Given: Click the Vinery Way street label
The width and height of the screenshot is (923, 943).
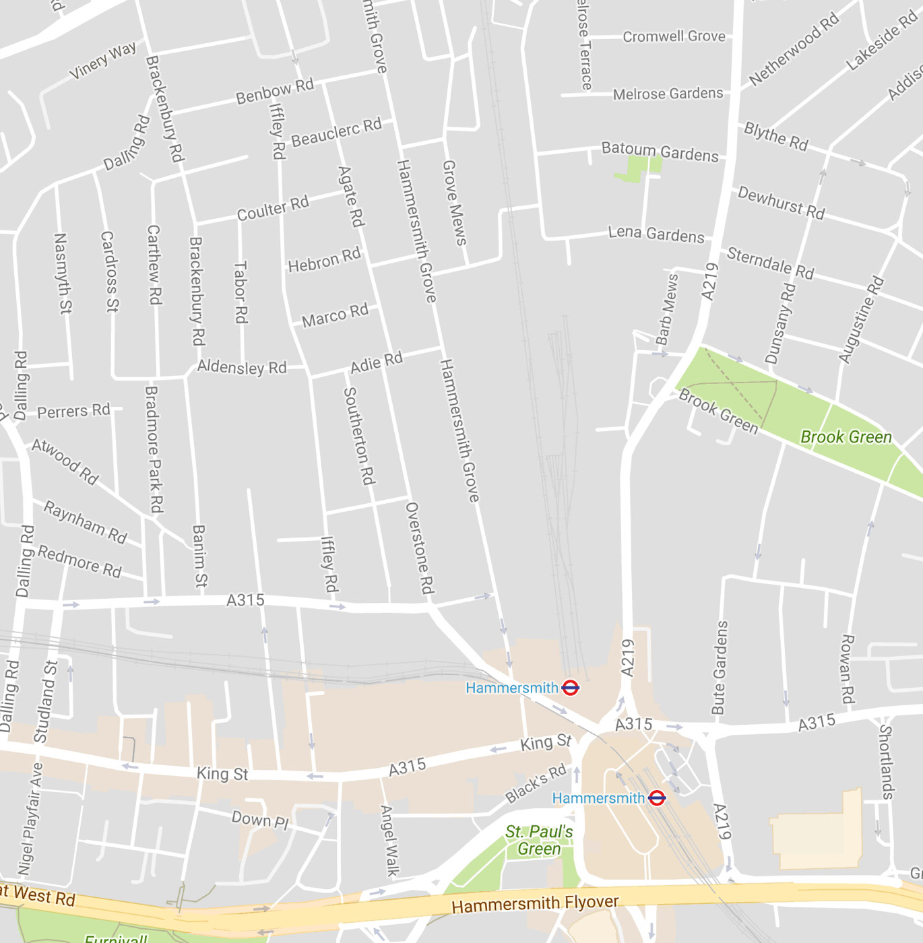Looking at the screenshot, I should click(102, 60).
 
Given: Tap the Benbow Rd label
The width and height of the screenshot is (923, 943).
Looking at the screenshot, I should click(274, 91).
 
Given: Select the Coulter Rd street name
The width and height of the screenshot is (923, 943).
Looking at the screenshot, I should click(272, 208).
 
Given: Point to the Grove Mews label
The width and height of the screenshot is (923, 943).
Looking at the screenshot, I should click(454, 202).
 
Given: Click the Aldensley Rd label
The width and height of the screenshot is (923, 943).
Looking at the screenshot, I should click(241, 367).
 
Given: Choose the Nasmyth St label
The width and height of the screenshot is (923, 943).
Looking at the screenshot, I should click(62, 273).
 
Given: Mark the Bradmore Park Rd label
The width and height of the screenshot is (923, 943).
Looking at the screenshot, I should click(154, 449).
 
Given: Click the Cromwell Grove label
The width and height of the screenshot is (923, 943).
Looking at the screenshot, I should click(674, 36).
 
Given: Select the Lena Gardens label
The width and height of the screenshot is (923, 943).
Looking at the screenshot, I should click(656, 234).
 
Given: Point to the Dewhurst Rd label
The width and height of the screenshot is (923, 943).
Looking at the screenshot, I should click(781, 202).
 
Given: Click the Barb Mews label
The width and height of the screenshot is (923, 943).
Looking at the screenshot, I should click(667, 310).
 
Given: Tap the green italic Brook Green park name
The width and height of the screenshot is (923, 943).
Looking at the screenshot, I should click(846, 437).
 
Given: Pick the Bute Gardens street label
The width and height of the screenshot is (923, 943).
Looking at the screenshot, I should click(720, 667).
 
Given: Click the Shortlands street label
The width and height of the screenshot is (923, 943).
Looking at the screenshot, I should click(886, 761).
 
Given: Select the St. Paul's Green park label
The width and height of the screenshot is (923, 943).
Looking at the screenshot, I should click(539, 840).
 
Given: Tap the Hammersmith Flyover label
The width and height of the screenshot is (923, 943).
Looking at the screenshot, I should click(534, 903).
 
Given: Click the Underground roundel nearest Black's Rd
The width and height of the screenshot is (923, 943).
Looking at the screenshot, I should click(657, 798).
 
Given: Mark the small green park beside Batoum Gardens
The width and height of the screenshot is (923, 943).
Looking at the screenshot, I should click(636, 168).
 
